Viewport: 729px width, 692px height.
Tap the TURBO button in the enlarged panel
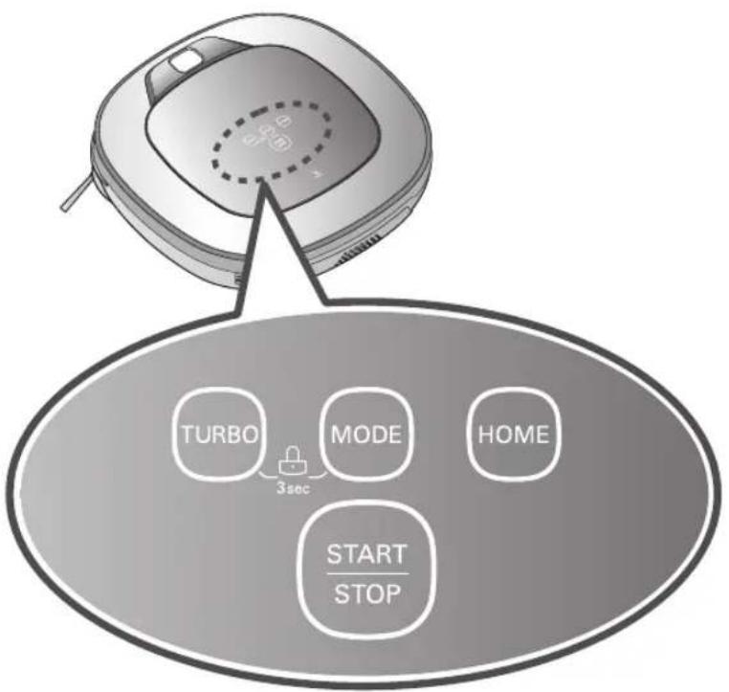coord(218,435)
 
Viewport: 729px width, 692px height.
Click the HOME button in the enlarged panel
coord(514,435)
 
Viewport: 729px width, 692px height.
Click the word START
coord(366,554)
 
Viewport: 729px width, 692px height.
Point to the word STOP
coord(367,593)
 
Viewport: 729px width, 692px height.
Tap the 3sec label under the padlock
coord(293,489)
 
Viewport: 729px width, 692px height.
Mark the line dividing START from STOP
coord(367,574)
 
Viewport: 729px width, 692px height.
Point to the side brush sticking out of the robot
coord(76,193)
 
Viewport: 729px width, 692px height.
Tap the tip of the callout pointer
coord(264,182)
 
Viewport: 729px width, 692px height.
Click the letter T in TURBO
coord(188,435)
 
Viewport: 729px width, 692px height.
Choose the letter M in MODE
coord(341,435)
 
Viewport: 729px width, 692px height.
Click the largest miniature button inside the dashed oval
coord(280,142)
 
